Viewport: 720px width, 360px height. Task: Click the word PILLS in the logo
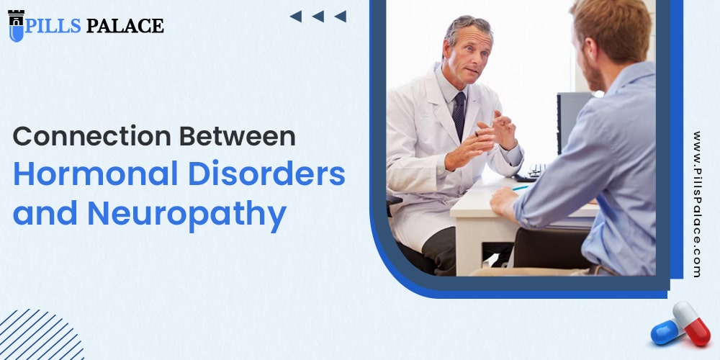(53, 26)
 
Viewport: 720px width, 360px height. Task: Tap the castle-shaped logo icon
(16, 25)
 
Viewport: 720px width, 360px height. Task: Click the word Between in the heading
(238, 136)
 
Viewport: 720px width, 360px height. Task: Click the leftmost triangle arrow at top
(295, 17)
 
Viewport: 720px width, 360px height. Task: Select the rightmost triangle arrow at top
(341, 17)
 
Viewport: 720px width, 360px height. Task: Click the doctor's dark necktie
(459, 115)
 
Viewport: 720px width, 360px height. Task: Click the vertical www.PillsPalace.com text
(696, 204)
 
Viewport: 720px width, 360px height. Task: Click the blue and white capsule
(666, 331)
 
